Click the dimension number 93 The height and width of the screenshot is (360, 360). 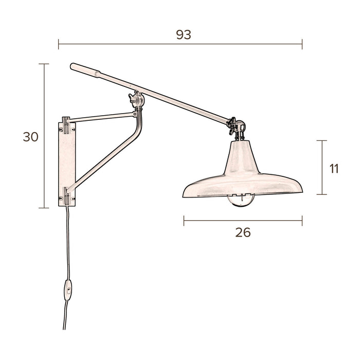coord(184,34)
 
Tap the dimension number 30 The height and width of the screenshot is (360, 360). coord(31,137)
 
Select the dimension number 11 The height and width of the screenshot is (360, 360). coord(334,168)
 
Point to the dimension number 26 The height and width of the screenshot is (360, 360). coord(242,232)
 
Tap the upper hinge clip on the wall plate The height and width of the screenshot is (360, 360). coord(66,123)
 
